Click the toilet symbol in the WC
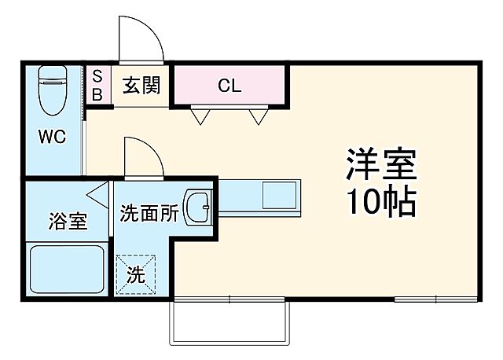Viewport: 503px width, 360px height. pos(53,88)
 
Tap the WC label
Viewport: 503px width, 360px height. pos(53,135)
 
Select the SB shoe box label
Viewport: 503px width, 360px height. pos(97,85)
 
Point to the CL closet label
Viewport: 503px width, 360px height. pos(229,86)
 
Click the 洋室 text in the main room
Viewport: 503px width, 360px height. pos(380,165)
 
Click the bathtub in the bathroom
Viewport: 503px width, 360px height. pos(67,270)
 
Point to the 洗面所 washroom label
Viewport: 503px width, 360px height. pos(149,212)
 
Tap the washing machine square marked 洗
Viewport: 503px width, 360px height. pos(136,275)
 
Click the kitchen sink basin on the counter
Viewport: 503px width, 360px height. pos(279,193)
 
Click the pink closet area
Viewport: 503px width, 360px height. pos(228,85)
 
